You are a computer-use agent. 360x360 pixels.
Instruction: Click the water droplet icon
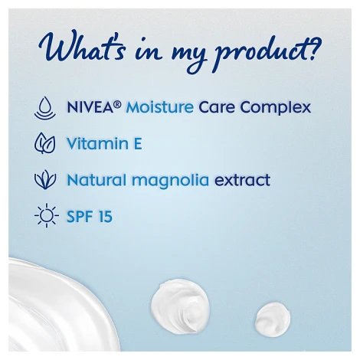point(45,108)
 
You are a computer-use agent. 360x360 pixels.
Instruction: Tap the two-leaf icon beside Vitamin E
point(45,143)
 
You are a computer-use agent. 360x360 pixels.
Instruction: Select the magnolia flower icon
point(45,180)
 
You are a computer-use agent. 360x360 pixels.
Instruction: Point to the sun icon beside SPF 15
point(47,216)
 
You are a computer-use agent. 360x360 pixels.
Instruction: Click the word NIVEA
point(90,107)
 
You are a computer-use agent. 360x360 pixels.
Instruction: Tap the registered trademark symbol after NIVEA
point(117,104)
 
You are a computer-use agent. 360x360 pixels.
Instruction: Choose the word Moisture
point(160,107)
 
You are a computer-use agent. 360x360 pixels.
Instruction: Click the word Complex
point(276,107)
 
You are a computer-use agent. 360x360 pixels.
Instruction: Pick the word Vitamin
point(97,143)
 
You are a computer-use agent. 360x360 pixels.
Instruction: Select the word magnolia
point(171,181)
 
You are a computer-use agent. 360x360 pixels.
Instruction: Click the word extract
point(242,180)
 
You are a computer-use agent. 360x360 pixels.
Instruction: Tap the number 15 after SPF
point(105,217)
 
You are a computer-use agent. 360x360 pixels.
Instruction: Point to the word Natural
point(97,180)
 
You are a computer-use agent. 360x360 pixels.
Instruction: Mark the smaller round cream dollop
point(273,319)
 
